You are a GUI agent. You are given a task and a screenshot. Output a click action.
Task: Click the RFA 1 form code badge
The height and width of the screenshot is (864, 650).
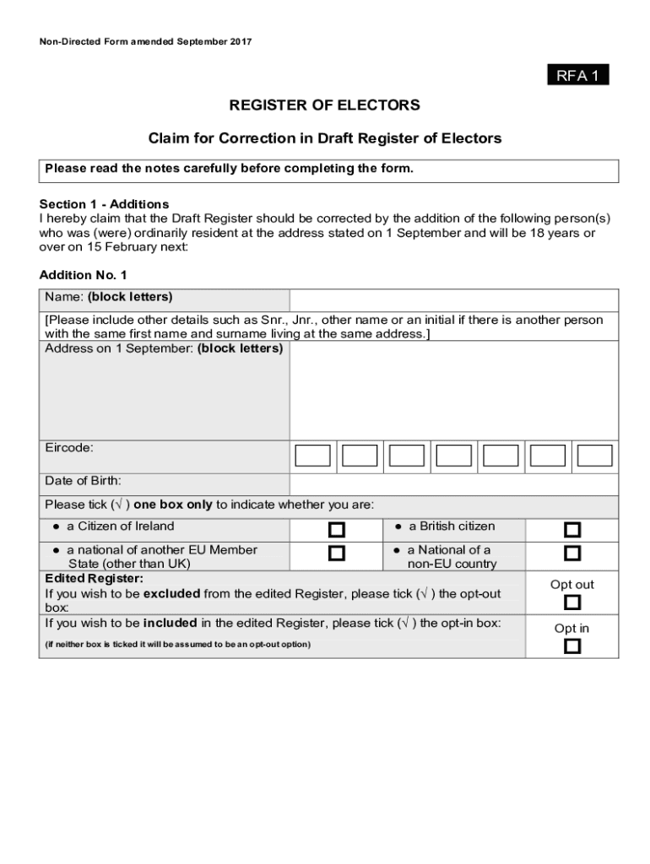[x=577, y=76]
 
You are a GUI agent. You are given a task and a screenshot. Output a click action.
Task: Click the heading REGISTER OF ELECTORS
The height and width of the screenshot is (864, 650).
[x=325, y=105]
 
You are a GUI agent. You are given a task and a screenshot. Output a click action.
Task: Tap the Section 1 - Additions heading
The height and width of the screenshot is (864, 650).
[x=105, y=204]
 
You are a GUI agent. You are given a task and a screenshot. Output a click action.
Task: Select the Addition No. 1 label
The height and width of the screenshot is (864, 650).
[x=83, y=275]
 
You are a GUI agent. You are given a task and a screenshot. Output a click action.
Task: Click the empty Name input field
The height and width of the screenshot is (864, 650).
[x=453, y=300]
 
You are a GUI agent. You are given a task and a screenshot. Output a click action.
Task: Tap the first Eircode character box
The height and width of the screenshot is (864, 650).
[x=312, y=456]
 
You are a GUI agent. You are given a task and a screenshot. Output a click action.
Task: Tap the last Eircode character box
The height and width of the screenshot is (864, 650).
[x=595, y=456]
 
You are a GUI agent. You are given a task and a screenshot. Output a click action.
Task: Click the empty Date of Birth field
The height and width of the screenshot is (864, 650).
[x=453, y=483]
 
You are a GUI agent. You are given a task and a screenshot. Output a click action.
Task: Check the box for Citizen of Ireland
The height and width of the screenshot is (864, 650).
[x=337, y=530]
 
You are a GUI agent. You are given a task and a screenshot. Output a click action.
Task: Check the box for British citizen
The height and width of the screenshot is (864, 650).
[x=572, y=530]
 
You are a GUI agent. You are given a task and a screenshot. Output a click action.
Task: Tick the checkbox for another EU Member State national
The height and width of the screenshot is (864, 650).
[x=337, y=553]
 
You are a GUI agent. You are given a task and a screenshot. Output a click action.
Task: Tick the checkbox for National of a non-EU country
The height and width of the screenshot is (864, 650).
[x=572, y=553]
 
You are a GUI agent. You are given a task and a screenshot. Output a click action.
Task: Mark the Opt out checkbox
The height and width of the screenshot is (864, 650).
[x=572, y=602]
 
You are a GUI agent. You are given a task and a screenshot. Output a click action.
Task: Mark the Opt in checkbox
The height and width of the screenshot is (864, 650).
[x=572, y=646]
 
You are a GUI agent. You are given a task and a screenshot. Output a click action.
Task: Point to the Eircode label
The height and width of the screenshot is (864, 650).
[x=69, y=448]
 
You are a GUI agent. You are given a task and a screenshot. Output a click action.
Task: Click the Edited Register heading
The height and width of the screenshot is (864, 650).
[x=94, y=579]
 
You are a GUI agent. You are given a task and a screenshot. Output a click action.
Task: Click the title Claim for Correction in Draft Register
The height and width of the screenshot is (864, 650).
[x=325, y=138]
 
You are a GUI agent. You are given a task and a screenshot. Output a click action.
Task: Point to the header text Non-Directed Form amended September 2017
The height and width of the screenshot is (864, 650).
[x=145, y=41]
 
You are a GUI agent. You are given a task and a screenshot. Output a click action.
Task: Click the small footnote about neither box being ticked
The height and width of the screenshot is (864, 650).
[x=177, y=645]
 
